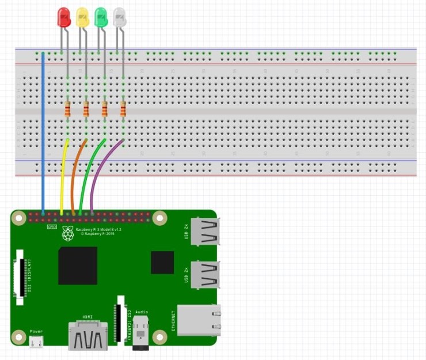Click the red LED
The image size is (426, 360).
[64, 17]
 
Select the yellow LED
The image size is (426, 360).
[82, 17]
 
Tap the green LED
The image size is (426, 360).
[101, 17]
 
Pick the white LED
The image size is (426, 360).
[119, 17]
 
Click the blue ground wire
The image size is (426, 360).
[43, 132]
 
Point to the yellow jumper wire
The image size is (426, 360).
[62, 173]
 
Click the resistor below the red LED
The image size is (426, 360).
[67, 109]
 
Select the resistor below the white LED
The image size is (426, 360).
[123, 109]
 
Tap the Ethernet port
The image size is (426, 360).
[199, 320]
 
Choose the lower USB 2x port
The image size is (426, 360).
[204, 275]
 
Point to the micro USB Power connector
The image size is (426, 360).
[36, 342]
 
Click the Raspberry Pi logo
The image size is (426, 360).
[69, 234]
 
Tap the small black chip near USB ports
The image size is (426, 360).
[162, 262]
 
